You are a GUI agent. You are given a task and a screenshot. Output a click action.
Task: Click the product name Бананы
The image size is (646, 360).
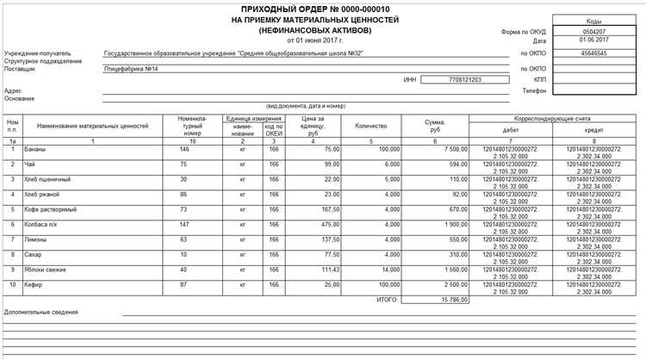35,148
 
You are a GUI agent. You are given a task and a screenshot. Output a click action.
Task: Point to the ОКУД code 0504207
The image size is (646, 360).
594,31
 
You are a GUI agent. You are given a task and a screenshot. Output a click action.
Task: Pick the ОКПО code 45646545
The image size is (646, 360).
594,53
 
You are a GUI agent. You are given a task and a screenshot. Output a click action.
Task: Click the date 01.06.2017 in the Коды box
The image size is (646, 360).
594,40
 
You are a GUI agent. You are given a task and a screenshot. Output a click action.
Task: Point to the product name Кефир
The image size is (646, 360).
34,283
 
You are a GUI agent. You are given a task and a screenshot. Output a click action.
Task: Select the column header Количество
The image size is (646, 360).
370,126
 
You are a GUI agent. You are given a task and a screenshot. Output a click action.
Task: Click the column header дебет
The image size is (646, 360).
510,131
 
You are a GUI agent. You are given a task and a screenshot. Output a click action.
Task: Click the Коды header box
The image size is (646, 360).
594,20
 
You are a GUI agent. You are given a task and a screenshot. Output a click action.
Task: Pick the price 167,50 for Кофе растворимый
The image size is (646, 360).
328,209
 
